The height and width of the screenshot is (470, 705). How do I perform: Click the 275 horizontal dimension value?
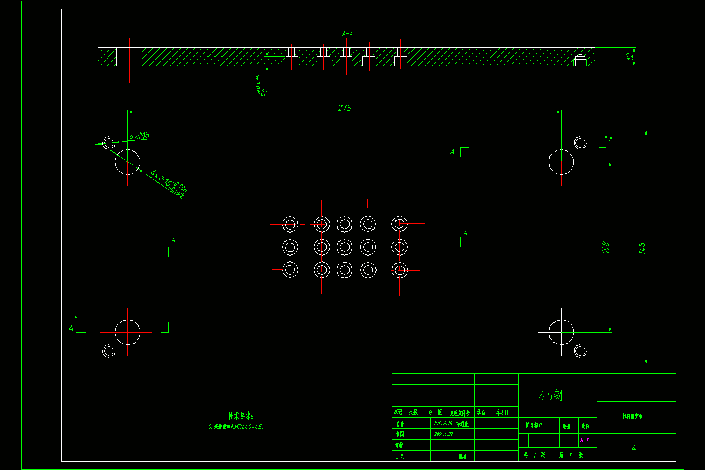click(x=344, y=108)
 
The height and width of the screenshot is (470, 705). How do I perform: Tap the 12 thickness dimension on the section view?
click(x=629, y=57)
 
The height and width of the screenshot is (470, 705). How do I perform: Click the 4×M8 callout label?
click(x=140, y=136)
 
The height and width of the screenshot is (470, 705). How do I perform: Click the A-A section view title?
click(x=347, y=34)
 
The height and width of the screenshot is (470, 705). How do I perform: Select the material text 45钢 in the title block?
click(x=550, y=395)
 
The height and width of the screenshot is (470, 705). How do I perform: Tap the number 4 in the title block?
click(x=634, y=449)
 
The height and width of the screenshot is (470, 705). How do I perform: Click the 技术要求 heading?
click(x=241, y=415)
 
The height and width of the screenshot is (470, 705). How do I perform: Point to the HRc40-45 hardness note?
click(x=237, y=427)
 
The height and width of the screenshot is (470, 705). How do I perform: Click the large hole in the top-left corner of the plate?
click(x=127, y=162)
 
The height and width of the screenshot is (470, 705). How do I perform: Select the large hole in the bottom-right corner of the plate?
click(x=561, y=332)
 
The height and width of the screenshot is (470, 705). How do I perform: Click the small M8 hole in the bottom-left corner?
click(x=108, y=351)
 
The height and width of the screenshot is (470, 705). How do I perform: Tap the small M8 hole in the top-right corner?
click(x=580, y=143)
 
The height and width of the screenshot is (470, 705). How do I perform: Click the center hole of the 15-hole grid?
click(x=344, y=246)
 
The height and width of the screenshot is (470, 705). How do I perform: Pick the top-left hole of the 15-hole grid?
click(x=290, y=223)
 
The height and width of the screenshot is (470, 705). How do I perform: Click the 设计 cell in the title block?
click(x=400, y=423)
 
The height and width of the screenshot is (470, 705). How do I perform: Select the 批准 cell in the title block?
click(x=463, y=456)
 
